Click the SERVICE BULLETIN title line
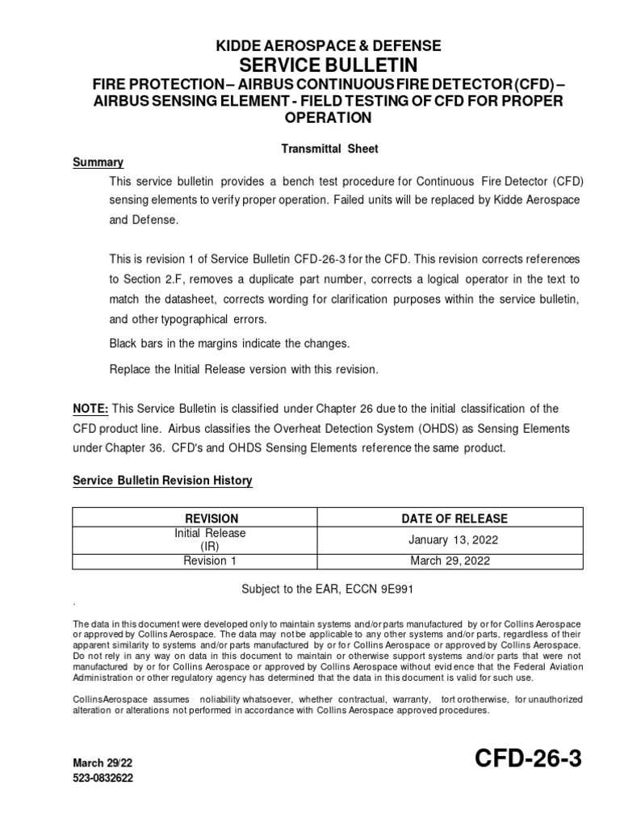(328, 65)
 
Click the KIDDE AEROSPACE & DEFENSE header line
(328, 46)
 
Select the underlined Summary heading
(98, 162)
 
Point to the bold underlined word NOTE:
(90, 409)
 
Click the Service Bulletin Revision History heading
(163, 481)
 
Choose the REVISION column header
(212, 518)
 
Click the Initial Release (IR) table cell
(211, 539)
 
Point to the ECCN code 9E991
(396, 590)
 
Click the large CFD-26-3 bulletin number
(528, 759)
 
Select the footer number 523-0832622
(103, 779)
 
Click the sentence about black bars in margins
(230, 343)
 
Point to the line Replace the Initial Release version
(243, 369)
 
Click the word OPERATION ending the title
(328, 118)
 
